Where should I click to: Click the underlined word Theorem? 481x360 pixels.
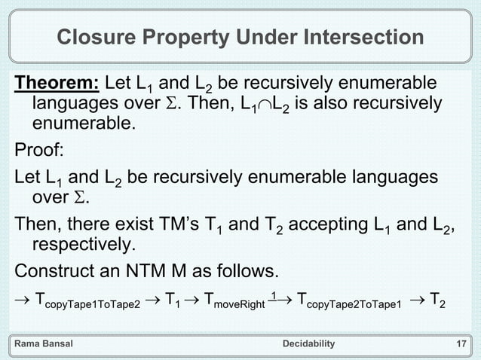pos(57,82)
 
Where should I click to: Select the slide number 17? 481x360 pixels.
pos(461,344)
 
